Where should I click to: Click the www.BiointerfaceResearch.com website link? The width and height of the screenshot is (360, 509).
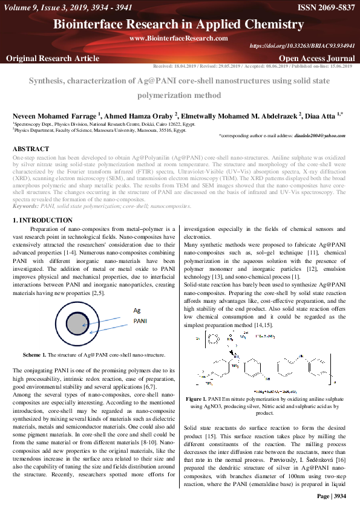tap(178, 38)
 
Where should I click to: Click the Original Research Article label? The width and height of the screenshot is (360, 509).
tap(53, 58)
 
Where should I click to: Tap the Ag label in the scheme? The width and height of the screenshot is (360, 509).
tap(137, 310)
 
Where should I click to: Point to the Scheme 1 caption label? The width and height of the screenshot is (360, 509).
tap(34, 354)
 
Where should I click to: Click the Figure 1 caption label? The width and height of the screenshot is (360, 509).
tap(197, 400)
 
